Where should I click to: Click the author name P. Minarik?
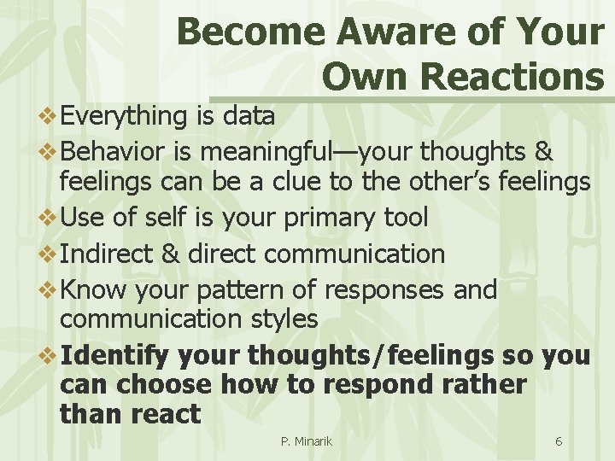tap(306, 441)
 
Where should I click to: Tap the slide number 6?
tap(558, 441)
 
